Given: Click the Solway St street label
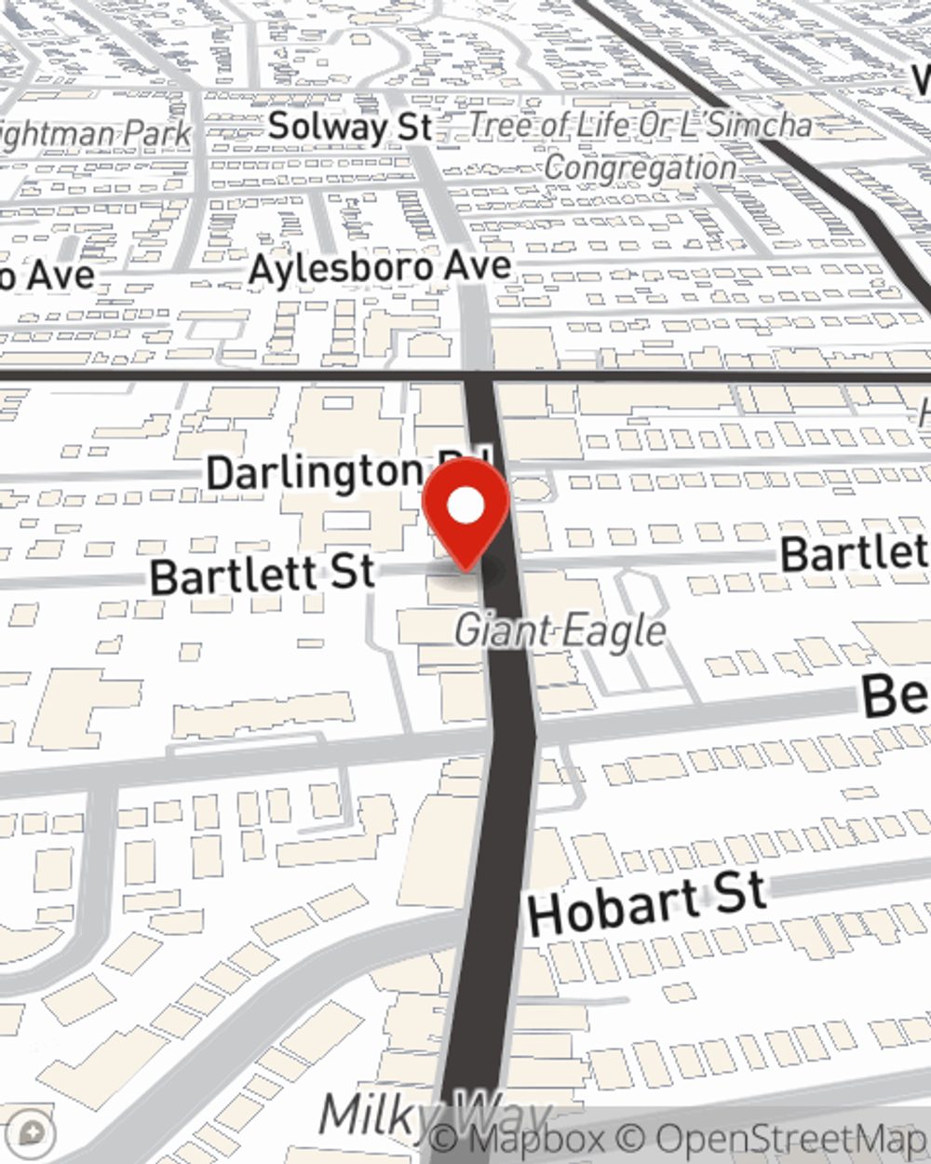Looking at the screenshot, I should coord(349,127).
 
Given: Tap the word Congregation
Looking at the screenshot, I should coord(641,169).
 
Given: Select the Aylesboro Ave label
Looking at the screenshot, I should coord(381,269).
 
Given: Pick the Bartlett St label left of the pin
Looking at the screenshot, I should coord(263,575).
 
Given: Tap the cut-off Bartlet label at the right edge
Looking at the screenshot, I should coord(855,553).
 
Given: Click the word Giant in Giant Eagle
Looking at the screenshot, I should coord(503,631).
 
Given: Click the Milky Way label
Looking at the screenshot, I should coord(434,1114).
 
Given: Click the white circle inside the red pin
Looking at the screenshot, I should coord(465,507).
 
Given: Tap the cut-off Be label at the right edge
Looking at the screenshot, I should coord(895,695).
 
